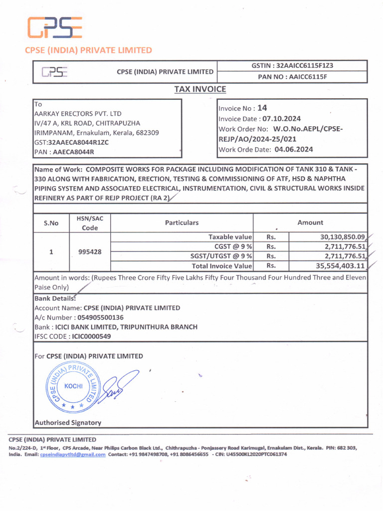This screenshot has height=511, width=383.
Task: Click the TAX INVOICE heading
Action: click(x=200, y=89)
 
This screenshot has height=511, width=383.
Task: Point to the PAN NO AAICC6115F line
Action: click(x=292, y=77)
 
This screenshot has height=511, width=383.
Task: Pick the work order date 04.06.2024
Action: click(x=294, y=149)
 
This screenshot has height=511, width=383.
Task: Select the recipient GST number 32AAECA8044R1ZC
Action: click(x=79, y=142)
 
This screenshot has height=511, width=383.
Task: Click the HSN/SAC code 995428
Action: click(x=90, y=252)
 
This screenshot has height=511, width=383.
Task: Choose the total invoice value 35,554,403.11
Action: click(x=340, y=266)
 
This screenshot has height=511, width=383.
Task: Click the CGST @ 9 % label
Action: click(x=233, y=247)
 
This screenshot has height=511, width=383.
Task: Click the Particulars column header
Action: click(x=182, y=223)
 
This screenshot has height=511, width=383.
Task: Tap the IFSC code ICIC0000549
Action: click(x=92, y=336)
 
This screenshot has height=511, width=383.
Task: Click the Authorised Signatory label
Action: click(x=67, y=423)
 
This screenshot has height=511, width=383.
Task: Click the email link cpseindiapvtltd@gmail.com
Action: click(x=73, y=455)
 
